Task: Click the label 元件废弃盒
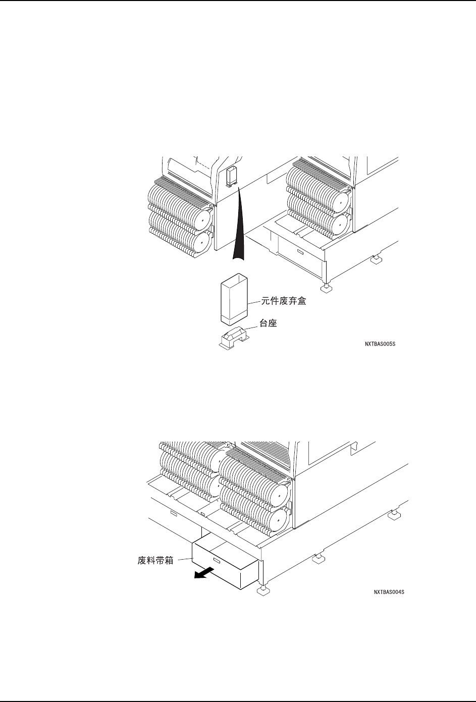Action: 284,302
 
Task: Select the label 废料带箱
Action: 155,561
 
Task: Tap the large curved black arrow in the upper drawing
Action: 239,222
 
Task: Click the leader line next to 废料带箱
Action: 183,559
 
